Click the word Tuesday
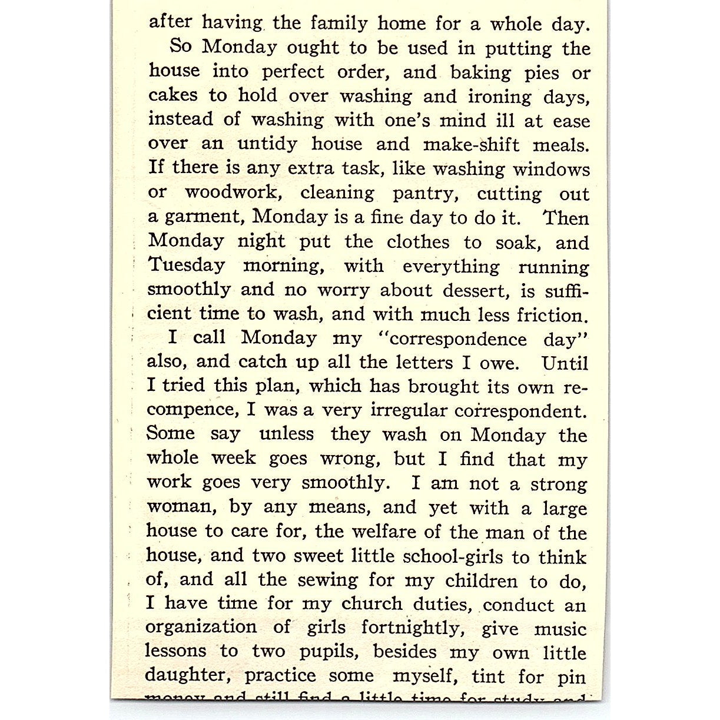(186, 266)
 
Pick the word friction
(552, 315)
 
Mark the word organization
(201, 628)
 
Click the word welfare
(384, 532)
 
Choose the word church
(372, 604)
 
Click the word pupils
(330, 652)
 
